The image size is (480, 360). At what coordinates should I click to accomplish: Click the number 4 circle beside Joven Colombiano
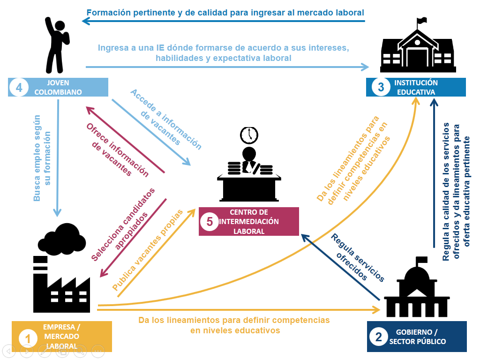[19, 87]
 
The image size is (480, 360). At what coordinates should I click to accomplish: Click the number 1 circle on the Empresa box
[28, 338]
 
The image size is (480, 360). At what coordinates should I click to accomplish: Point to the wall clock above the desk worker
[249, 135]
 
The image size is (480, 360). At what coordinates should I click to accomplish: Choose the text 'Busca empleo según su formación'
[42, 158]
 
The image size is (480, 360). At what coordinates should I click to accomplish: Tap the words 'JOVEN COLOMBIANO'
[58, 87]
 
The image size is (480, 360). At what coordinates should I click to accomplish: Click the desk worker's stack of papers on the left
[234, 169]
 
